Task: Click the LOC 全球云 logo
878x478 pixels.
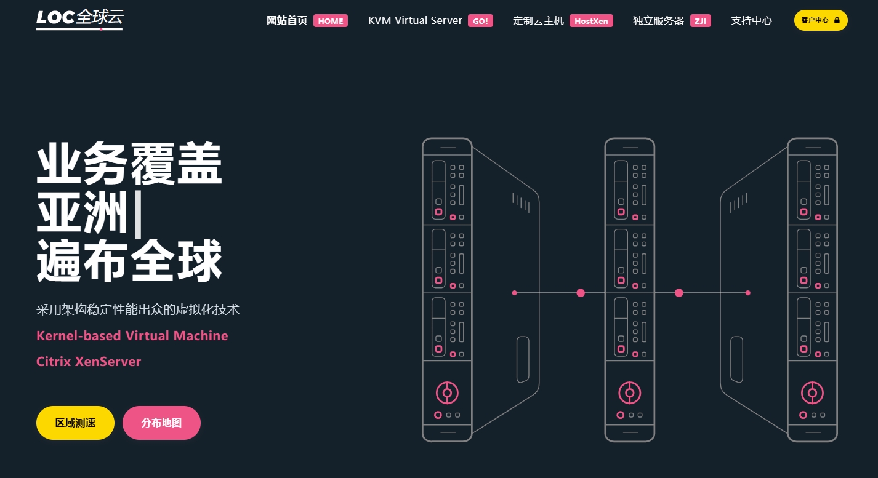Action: click(79, 19)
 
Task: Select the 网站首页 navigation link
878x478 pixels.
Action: click(286, 20)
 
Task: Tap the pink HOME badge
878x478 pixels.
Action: click(331, 21)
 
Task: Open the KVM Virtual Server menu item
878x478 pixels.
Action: click(415, 20)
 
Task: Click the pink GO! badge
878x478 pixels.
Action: click(480, 21)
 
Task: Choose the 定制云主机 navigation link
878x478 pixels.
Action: click(538, 20)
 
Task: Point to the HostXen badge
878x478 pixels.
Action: click(591, 21)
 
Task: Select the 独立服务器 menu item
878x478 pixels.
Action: click(658, 20)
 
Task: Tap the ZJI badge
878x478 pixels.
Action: click(700, 21)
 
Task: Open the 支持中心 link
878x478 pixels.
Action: click(751, 20)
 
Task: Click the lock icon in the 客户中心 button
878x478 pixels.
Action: click(837, 20)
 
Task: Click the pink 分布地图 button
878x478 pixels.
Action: click(161, 423)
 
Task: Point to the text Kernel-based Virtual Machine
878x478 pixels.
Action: click(132, 336)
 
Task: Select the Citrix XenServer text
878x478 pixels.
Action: click(89, 362)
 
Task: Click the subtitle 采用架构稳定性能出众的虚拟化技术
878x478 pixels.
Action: click(138, 309)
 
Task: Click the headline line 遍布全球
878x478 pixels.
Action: click(129, 261)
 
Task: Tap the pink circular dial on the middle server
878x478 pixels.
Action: click(629, 392)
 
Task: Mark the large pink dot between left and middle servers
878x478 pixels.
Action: click(581, 293)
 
